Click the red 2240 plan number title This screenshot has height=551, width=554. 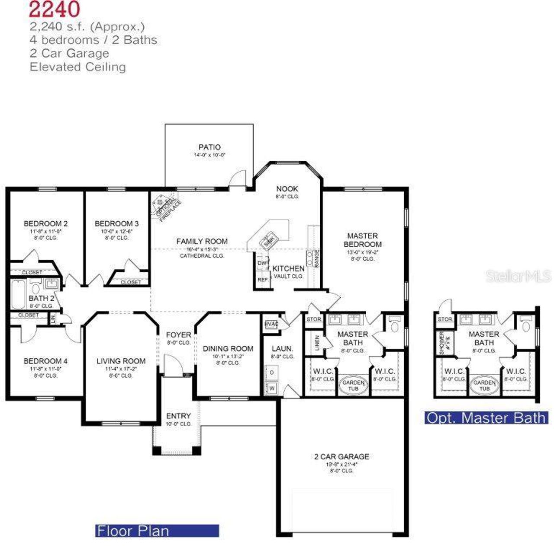click(x=55, y=9)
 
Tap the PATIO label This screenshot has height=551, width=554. click(x=209, y=147)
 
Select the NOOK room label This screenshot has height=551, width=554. click(x=287, y=189)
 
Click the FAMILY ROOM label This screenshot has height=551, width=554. click(x=202, y=241)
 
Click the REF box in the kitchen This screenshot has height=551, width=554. click(x=262, y=280)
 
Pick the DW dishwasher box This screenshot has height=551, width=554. click(x=262, y=263)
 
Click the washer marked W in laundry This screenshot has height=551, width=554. click(x=272, y=388)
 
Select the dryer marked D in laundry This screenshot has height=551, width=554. click(x=272, y=372)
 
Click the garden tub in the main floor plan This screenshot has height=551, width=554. click(x=353, y=385)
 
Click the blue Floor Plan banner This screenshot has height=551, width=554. click(x=157, y=531)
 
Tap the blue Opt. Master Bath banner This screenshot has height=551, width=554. click(x=486, y=418)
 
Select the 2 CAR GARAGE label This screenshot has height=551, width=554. click(x=341, y=456)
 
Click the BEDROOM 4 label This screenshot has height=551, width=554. click(x=45, y=361)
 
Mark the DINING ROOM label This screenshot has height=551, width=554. click(x=228, y=348)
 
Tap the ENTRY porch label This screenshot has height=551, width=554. click(x=178, y=416)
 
